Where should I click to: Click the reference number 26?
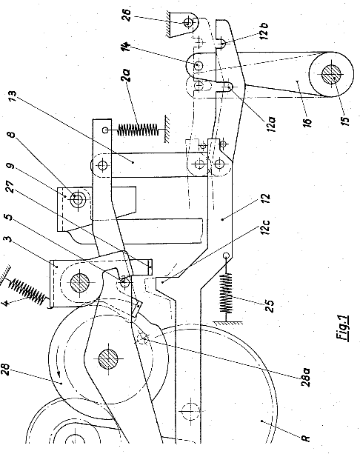click(x=127, y=16)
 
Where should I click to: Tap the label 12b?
click(x=264, y=31)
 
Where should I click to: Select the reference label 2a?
click(x=127, y=75)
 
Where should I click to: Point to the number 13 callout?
click(x=13, y=99)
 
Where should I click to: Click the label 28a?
click(x=305, y=377)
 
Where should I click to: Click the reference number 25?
click(x=270, y=306)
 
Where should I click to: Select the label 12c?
click(x=267, y=227)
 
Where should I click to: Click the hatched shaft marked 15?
click(x=332, y=74)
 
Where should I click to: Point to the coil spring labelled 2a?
click(x=138, y=130)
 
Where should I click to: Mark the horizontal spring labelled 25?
click(x=227, y=293)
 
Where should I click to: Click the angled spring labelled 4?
click(x=27, y=290)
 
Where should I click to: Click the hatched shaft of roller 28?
click(x=108, y=358)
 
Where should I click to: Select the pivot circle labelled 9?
click(x=77, y=198)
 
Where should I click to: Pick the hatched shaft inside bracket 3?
click(x=80, y=283)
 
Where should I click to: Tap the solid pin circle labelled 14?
click(x=199, y=65)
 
